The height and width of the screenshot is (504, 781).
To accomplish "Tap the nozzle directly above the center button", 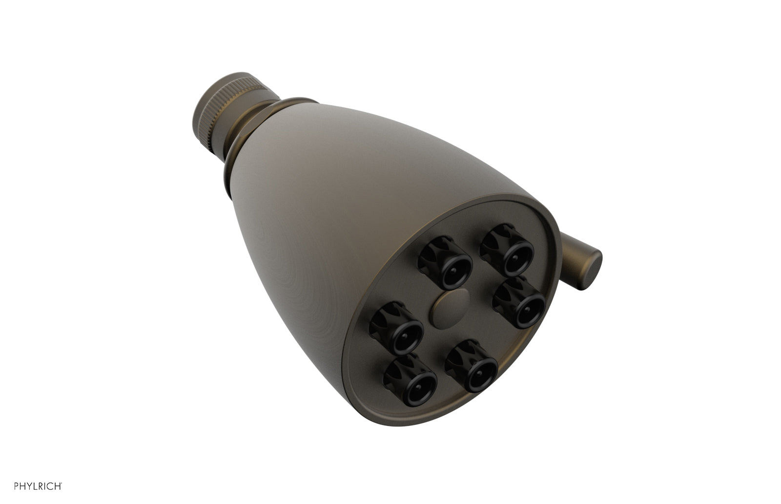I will pyautogui.click(x=445, y=264).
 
